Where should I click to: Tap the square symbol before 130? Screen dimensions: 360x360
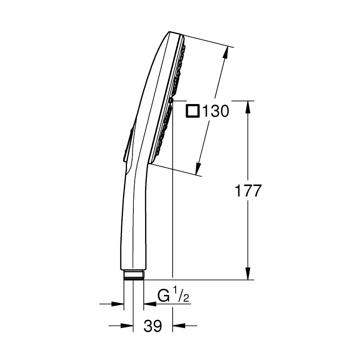point(193,111)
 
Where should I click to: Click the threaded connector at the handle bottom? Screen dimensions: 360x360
point(133,275)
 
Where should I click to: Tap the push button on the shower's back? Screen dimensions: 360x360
point(126,145)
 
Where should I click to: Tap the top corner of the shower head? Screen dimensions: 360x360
point(171,32)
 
